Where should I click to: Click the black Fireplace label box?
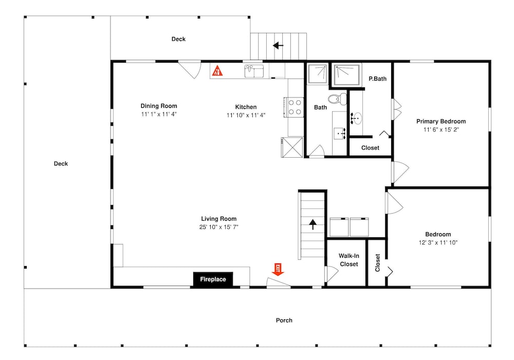click(213, 279)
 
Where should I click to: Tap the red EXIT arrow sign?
click(278, 270)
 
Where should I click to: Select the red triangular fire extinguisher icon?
click(217, 70)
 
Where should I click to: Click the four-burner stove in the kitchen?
click(295, 107)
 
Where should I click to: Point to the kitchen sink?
click(254, 71)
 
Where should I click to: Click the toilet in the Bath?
click(337, 99)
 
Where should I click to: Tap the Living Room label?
click(218, 219)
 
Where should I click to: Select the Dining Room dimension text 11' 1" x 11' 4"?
click(159, 114)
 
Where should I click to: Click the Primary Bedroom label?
click(441, 121)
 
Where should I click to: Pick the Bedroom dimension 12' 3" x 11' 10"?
click(438, 242)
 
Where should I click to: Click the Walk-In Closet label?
click(349, 260)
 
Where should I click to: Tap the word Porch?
click(284, 320)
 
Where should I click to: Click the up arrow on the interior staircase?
click(313, 224)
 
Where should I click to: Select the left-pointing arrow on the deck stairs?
click(278, 45)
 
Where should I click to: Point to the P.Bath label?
click(378, 79)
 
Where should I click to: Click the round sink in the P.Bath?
click(356, 118)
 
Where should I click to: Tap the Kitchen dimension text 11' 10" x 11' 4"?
click(246, 115)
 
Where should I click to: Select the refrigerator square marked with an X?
click(292, 147)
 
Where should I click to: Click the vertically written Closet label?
click(377, 263)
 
